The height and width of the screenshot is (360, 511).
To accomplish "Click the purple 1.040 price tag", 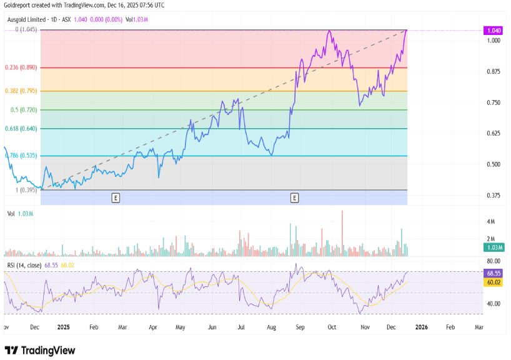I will pyautogui.click(x=494, y=31).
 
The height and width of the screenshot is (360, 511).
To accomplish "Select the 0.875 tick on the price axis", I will pyautogui.click(x=494, y=72).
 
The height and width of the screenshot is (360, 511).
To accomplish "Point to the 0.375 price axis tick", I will pyautogui.click(x=494, y=196).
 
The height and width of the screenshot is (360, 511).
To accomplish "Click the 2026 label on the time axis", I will pyautogui.click(x=422, y=326).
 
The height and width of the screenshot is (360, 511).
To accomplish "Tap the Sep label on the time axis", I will pyautogui.click(x=300, y=326).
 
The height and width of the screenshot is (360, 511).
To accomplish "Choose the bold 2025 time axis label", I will pyautogui.click(x=64, y=326).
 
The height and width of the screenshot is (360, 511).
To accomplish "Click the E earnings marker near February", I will pyautogui.click(x=116, y=198).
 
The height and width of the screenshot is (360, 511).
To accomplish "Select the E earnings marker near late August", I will pyautogui.click(x=294, y=198).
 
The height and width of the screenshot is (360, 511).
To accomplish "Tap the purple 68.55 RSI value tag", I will pyautogui.click(x=494, y=273).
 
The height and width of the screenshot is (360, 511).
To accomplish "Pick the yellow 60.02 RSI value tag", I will pyautogui.click(x=494, y=282).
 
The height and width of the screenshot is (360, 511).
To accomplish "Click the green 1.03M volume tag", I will pyautogui.click(x=494, y=248).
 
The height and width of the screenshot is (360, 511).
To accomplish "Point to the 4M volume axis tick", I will pyautogui.click(x=492, y=222).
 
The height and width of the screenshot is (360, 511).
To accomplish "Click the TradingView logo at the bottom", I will pyautogui.click(x=40, y=351).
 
